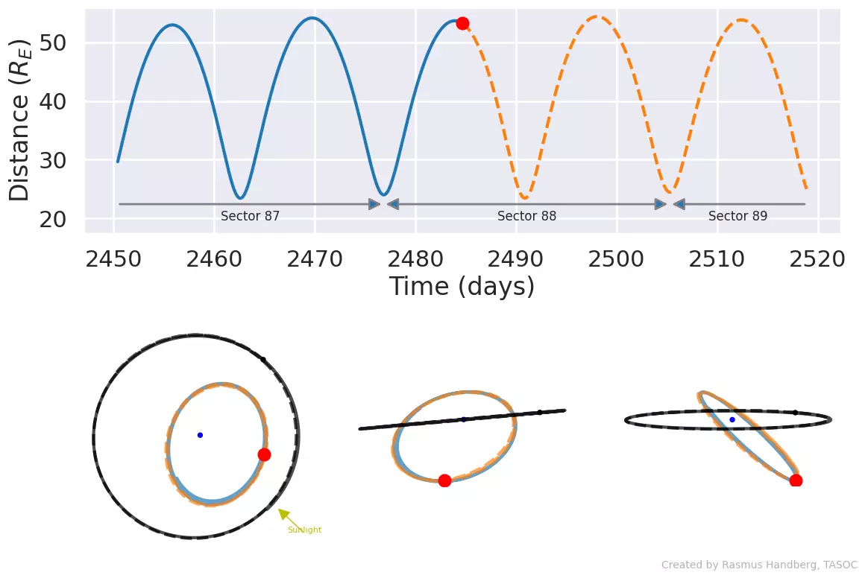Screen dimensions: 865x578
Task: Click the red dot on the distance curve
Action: (x=462, y=23)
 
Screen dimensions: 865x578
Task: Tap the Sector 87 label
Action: (x=250, y=216)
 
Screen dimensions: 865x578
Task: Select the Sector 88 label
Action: (x=527, y=216)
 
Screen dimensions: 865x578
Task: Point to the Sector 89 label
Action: (x=737, y=216)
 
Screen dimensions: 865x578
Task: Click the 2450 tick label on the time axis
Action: (x=113, y=259)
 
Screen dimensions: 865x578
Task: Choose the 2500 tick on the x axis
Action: (x=616, y=259)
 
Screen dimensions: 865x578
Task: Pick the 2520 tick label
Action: (x=817, y=259)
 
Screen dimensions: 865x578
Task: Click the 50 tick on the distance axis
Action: (x=53, y=42)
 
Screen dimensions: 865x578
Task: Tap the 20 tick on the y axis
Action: (x=53, y=219)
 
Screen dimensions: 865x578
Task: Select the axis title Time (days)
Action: (x=462, y=287)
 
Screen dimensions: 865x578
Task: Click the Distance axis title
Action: (x=20, y=120)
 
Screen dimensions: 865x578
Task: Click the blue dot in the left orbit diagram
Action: (x=201, y=435)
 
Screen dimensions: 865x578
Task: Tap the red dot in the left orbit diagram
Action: (x=264, y=454)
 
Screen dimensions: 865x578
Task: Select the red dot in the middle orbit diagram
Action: (x=444, y=480)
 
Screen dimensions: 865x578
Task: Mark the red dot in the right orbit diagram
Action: (x=796, y=481)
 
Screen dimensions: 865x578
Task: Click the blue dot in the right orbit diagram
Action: (x=732, y=420)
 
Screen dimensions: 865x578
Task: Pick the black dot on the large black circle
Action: (x=263, y=360)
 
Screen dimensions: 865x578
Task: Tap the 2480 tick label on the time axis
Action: (x=415, y=259)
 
